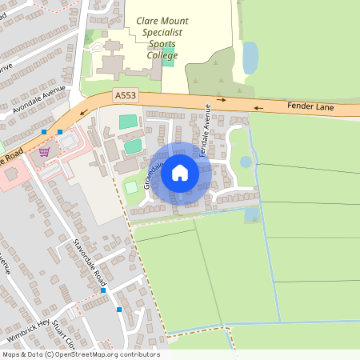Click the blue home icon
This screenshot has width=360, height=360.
point(180,172)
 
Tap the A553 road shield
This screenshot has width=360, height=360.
point(125,95)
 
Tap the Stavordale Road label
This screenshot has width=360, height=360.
point(90,257)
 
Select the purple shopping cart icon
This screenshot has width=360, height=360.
point(44,151)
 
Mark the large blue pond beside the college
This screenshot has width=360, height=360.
point(250,58)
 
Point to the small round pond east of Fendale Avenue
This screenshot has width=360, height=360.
point(246,162)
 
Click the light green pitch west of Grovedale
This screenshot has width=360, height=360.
point(130,187)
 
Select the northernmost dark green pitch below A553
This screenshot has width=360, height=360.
point(128,122)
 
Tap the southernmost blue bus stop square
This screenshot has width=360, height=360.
point(119,309)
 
